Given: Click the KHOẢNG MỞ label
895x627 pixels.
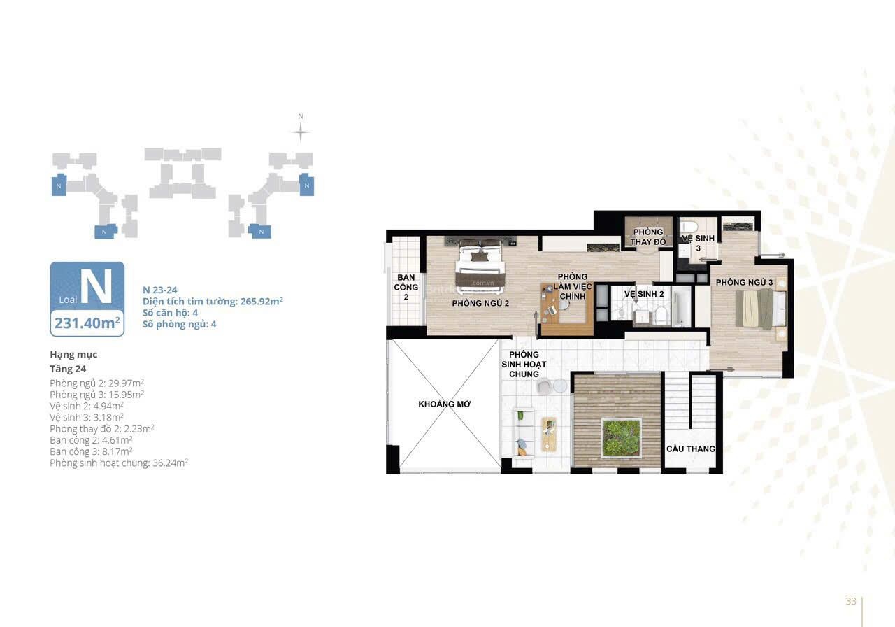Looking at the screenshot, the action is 444,404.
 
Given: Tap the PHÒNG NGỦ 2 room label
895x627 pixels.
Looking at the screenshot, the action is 480,304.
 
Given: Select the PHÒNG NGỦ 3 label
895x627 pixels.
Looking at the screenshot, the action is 744,282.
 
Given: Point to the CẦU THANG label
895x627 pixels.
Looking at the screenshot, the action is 691,449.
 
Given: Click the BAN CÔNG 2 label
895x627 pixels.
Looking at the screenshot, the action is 406,287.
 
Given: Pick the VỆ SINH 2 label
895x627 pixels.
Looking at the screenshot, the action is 644,294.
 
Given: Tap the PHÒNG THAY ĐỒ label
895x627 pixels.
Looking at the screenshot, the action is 648,237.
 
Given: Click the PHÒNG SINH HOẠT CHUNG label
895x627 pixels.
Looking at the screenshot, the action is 524,365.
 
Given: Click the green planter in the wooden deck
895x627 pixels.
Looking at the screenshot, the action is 622,438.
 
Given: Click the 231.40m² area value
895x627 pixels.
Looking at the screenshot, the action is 87,323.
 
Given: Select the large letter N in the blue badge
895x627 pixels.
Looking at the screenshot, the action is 96,286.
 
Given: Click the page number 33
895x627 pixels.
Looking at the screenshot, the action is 851,601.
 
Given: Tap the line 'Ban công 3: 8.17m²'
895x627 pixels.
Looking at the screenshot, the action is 91,451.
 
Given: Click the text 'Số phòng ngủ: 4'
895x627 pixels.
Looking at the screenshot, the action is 180,324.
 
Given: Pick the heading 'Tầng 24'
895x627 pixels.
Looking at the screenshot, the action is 68,369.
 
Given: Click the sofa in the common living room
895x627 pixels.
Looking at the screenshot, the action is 522,432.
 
